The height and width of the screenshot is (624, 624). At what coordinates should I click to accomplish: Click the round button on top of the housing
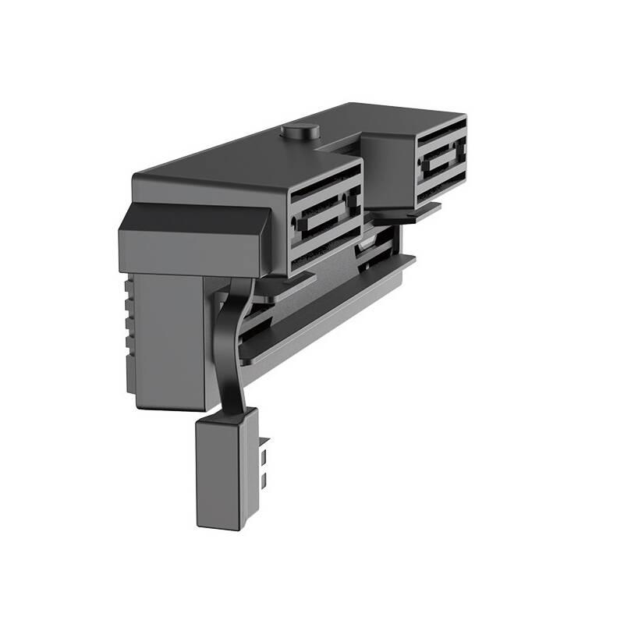click(x=300, y=131)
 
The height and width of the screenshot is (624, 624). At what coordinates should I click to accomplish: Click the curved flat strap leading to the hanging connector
click(x=232, y=343)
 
